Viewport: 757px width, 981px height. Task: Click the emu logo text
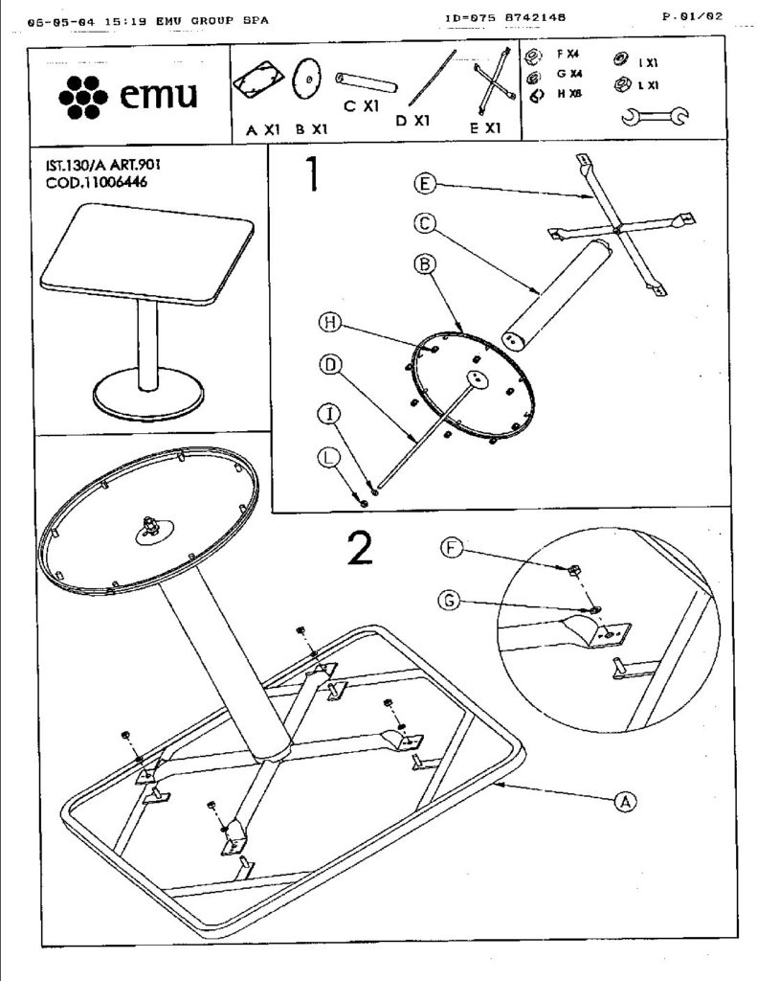(x=160, y=96)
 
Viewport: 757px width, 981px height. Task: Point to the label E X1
(x=486, y=127)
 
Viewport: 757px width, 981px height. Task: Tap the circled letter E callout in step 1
(x=426, y=183)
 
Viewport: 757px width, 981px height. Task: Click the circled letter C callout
(x=426, y=224)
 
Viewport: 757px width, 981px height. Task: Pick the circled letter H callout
(x=330, y=324)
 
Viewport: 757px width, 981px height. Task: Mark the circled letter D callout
(x=330, y=364)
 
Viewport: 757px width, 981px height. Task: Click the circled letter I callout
(x=330, y=414)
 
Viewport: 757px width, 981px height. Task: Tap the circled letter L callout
(x=330, y=459)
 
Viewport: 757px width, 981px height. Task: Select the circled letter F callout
(x=453, y=547)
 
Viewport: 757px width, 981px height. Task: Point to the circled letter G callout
(x=453, y=601)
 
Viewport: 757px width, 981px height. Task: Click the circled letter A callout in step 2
(x=625, y=801)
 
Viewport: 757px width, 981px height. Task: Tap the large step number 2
(x=360, y=548)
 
